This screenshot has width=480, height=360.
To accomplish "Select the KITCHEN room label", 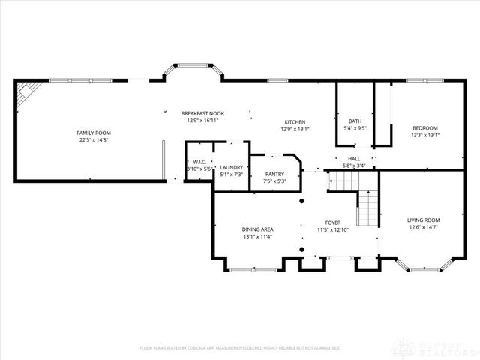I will (x=294, y=122).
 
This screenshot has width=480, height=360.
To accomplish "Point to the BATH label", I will (x=356, y=121).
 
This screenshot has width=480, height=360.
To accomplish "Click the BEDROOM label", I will (x=424, y=128).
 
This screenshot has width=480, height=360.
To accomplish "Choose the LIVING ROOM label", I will (x=423, y=220).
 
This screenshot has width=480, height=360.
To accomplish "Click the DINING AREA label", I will (x=257, y=229).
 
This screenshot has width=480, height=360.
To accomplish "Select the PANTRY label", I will (x=274, y=175).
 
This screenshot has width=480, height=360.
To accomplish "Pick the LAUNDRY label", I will (x=231, y=168).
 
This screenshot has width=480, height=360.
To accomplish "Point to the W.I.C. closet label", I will (x=199, y=162).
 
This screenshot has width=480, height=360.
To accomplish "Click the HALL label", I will (x=354, y=159).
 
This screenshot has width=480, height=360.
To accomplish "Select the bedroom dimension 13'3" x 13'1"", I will (x=424, y=136).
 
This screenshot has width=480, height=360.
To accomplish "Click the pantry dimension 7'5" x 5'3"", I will (x=274, y=181).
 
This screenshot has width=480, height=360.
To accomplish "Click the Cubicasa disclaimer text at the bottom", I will (x=239, y=347).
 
